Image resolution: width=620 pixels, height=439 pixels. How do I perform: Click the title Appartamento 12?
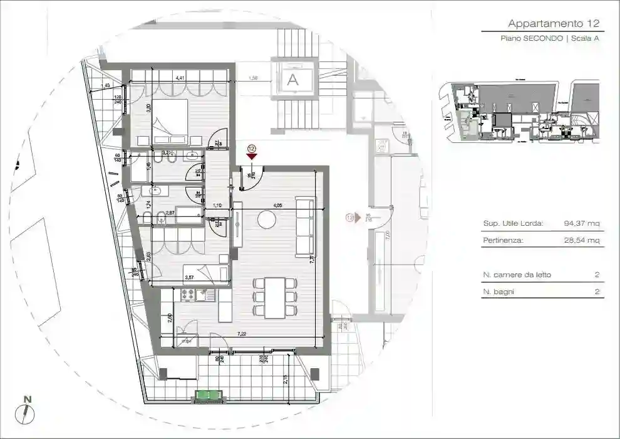(x=554, y=24)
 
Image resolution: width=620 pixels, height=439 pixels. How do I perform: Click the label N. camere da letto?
(x=517, y=275)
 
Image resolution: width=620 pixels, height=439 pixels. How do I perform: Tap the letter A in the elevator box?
(x=292, y=80)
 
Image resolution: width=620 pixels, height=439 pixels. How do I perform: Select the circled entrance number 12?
(x=252, y=149)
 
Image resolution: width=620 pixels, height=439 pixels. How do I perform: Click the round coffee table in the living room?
(x=267, y=219)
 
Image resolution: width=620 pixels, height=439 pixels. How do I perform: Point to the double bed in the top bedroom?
(x=167, y=121)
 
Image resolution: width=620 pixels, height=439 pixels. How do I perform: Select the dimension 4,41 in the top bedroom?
(x=180, y=78)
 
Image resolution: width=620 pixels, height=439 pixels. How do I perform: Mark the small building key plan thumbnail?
(x=519, y=111)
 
